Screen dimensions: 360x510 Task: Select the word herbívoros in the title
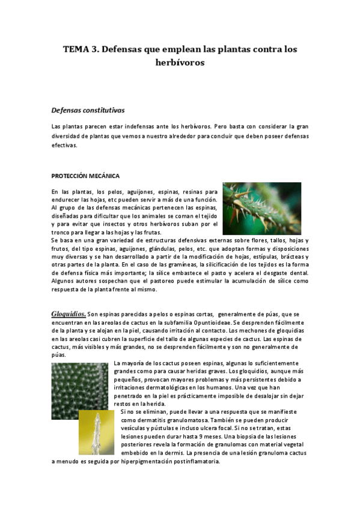(180, 62)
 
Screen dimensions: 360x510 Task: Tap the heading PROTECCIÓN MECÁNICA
(85, 176)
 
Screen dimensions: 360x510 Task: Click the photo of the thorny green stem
(261, 208)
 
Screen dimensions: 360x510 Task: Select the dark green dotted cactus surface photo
(81, 391)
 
